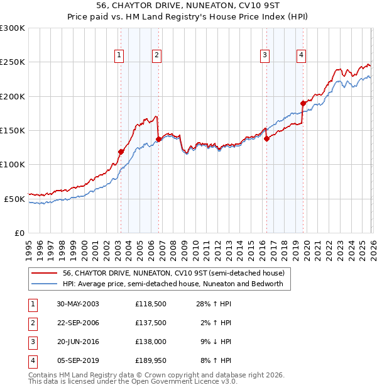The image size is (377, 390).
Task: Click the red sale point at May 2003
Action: click(x=121, y=152)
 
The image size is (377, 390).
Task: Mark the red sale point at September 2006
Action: click(x=158, y=139)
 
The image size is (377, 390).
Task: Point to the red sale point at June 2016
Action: click(x=266, y=138)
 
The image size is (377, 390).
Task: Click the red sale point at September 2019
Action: click(x=303, y=103)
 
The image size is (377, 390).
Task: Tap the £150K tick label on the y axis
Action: click(x=12, y=130)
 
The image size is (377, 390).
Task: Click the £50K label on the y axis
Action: click(x=14, y=199)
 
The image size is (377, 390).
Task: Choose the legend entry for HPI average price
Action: click(x=173, y=284)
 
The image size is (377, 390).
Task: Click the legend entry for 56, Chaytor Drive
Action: click(x=174, y=273)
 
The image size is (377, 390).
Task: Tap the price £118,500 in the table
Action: click(x=150, y=304)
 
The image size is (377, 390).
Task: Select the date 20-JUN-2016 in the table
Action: click(x=78, y=342)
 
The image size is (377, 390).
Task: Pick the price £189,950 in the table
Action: click(x=150, y=360)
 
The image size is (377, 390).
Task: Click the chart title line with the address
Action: click(x=188, y=7)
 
